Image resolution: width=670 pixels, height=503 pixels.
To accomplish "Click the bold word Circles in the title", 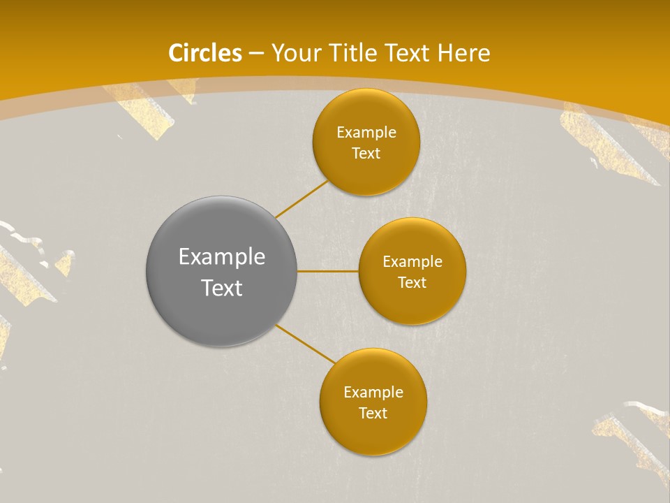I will (x=205, y=53).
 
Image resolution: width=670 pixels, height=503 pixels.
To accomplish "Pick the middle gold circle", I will (x=412, y=303).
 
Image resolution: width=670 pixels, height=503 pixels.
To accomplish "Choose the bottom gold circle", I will (x=373, y=433).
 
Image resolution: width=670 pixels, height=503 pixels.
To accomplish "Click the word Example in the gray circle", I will (x=222, y=257).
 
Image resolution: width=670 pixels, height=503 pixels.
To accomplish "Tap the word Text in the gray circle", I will (x=222, y=288).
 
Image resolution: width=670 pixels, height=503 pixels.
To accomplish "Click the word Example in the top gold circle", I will (x=366, y=133).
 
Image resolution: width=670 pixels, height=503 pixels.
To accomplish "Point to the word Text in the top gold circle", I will (x=366, y=154).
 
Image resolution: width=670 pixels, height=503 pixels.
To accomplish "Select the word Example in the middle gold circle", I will (x=412, y=262).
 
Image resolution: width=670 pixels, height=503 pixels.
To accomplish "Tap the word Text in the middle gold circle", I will (x=412, y=283).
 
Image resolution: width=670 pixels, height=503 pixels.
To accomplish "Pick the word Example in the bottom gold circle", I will (x=373, y=393).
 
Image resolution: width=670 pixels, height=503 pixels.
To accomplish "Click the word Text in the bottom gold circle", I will (x=373, y=414).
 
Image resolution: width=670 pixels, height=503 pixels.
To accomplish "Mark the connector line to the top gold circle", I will (x=301, y=199).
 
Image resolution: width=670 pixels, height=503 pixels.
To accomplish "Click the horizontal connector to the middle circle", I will (x=328, y=271).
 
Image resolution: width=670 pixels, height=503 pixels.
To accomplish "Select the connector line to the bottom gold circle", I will (x=306, y=344).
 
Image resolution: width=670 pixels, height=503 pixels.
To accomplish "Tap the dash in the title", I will (x=256, y=54).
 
